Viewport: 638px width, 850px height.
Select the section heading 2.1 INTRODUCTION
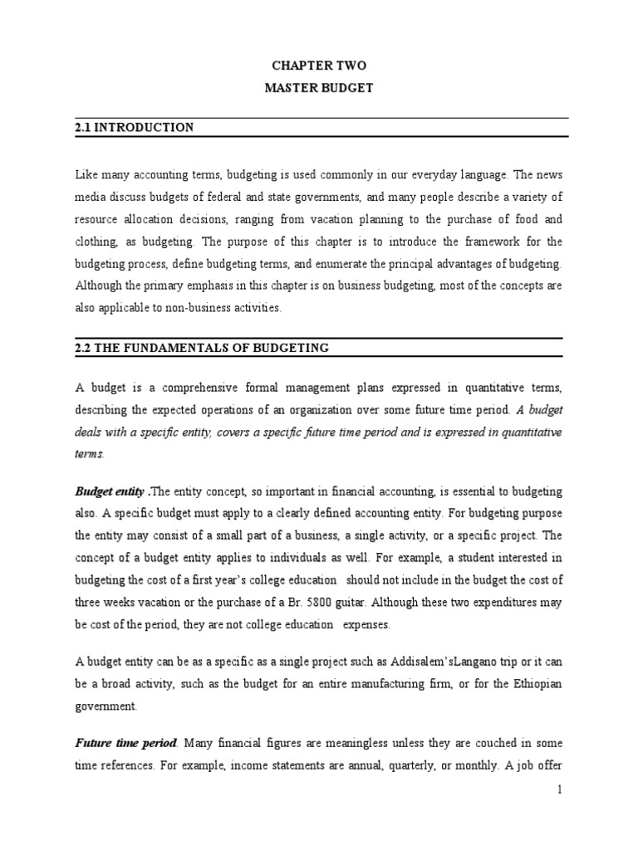point(134,127)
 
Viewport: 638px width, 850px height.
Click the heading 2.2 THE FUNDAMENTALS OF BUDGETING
point(202,348)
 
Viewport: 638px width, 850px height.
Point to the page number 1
point(561,813)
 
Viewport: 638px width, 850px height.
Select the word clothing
point(98,242)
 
